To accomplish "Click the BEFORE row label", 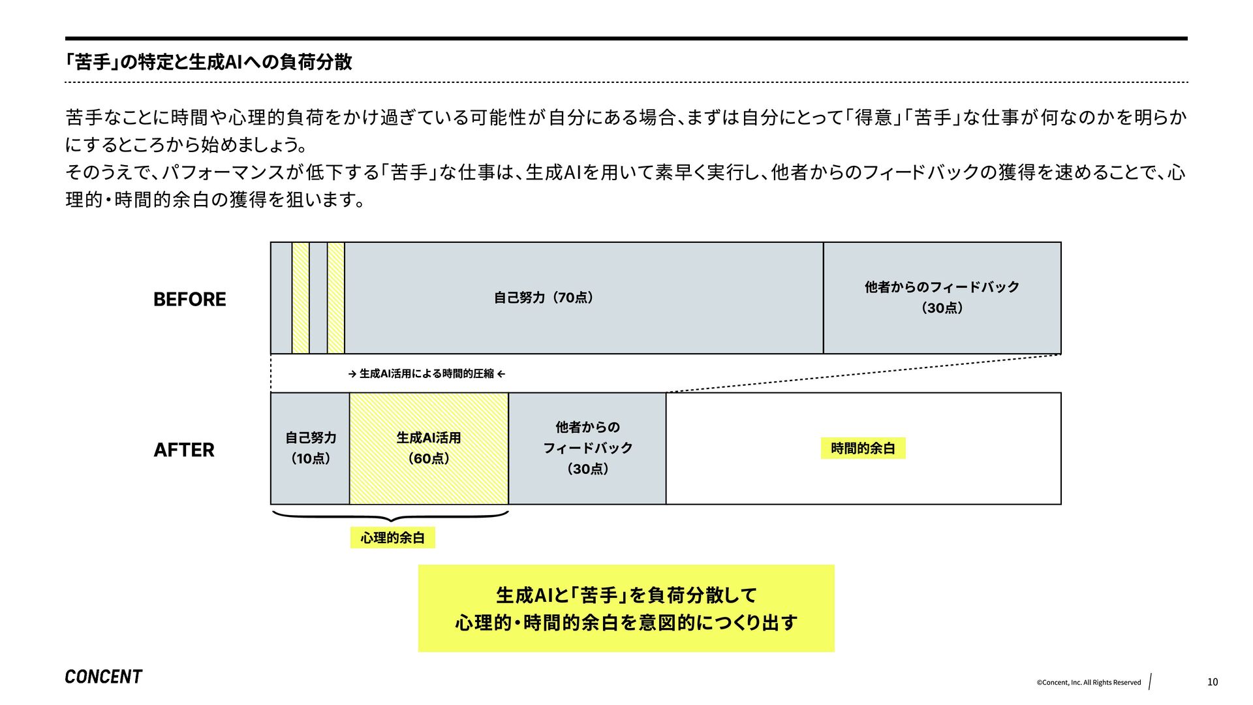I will (189, 299).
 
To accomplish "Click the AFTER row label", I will (184, 450).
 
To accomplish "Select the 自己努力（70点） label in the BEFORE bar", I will (544, 298).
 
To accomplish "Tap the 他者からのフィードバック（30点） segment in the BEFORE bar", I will (942, 298).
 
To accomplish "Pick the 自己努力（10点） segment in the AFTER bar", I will (310, 448).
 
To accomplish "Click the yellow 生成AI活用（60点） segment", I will (429, 448).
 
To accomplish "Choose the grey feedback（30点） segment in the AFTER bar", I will (587, 448).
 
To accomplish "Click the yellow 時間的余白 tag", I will (863, 448).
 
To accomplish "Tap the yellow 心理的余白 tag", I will (392, 538).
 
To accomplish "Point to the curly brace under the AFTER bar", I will (390, 517).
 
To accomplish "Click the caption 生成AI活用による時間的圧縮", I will (427, 374).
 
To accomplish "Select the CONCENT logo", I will (103, 677).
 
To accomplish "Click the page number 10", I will (1212, 682).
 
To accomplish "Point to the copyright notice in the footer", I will (1088, 683).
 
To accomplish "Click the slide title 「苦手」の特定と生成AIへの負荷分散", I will (209, 62).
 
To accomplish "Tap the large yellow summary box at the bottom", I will (626, 608).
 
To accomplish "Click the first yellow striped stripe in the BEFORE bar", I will (300, 298).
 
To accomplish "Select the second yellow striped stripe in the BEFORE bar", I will (335, 298).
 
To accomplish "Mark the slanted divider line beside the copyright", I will (1150, 681).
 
